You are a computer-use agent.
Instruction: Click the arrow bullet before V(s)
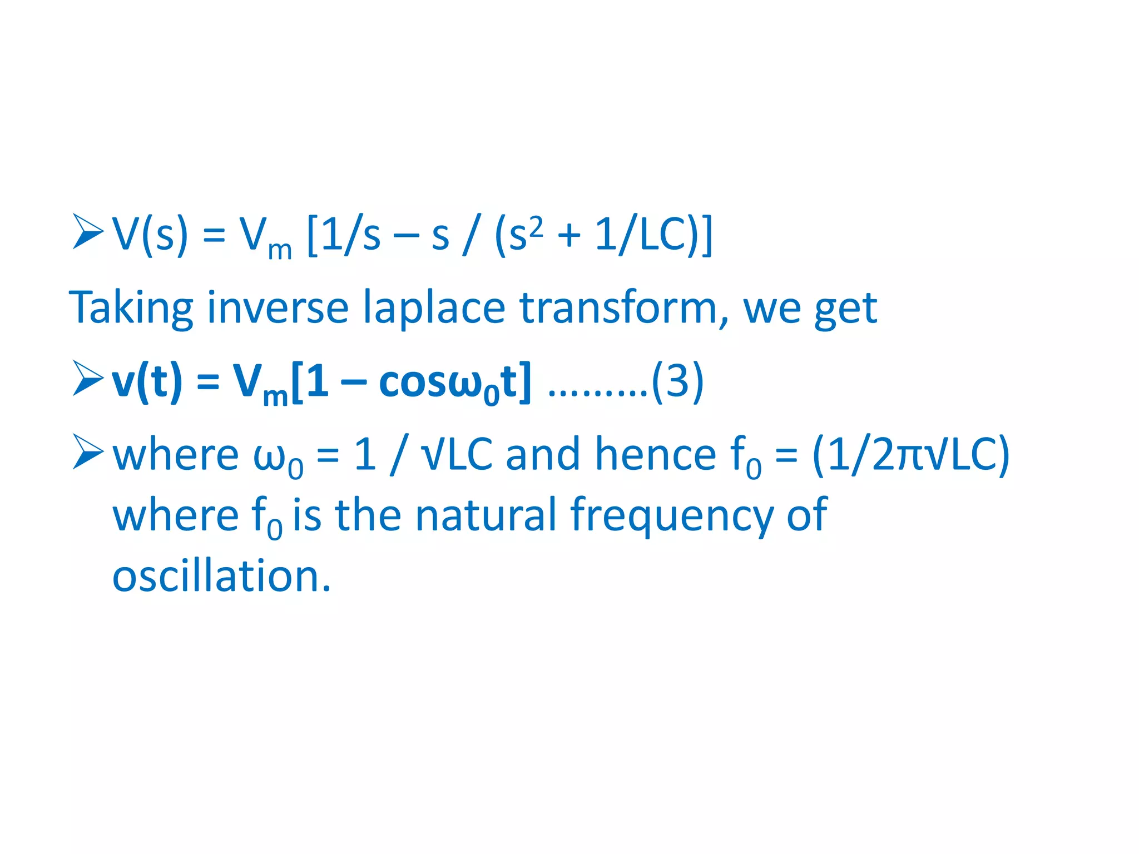[88, 232]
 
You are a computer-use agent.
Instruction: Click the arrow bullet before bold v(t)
[88, 379]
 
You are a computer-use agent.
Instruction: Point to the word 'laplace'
[434, 308]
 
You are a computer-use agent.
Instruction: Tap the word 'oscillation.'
[221, 576]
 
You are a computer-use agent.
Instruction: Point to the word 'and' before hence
[543, 455]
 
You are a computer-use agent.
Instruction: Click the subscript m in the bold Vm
[275, 396]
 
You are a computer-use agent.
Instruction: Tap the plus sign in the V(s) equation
[569, 236]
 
